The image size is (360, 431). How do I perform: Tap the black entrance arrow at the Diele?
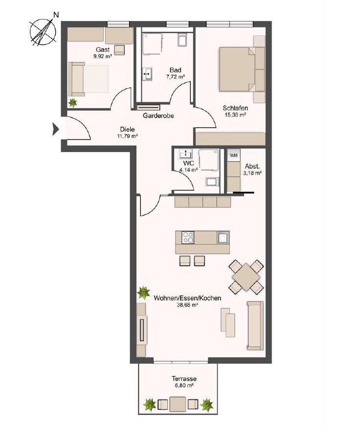tap(56, 130)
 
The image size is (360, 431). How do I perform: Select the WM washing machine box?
tap(234, 156)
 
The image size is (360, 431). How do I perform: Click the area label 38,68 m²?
tap(187, 305)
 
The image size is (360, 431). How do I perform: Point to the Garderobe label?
tap(159, 116)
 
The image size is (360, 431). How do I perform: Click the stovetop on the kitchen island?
tap(188, 238)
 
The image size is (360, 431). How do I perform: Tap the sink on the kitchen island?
tap(223, 238)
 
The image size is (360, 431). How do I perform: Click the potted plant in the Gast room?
tap(73, 103)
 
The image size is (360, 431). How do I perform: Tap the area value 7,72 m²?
tap(174, 77)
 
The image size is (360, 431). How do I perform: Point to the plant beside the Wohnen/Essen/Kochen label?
tap(143, 293)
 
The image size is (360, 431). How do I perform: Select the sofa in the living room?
tap(255, 326)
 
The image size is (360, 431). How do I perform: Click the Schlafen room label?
tap(235, 108)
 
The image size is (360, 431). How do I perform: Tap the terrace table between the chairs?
tap(177, 405)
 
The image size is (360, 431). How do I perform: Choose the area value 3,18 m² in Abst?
tap(252, 173)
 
